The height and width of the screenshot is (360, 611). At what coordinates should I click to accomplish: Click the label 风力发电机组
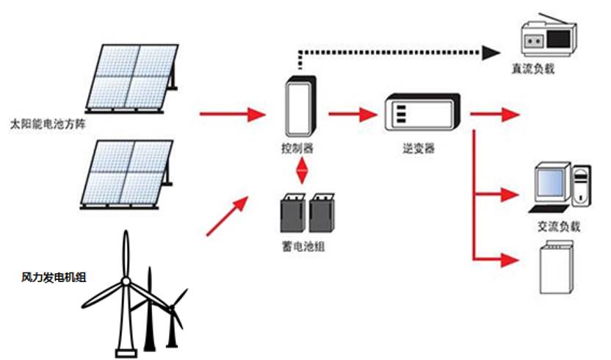click(54, 277)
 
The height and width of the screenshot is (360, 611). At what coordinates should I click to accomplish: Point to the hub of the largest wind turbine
click(126, 281)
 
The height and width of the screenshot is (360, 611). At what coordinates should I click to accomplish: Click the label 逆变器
click(420, 149)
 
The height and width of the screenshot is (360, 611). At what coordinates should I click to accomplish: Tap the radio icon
click(544, 37)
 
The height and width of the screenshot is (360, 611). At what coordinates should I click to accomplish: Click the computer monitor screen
click(551, 182)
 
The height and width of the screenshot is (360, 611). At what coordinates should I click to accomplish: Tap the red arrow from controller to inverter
click(352, 115)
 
